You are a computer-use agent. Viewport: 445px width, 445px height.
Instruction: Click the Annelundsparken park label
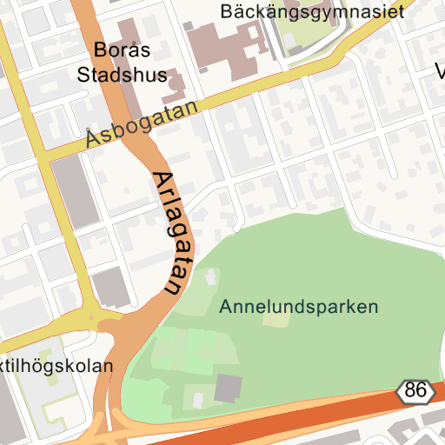[299, 307]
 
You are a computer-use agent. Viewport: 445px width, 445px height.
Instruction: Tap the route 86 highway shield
[416, 391]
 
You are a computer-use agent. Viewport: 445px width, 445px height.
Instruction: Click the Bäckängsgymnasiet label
[313, 11]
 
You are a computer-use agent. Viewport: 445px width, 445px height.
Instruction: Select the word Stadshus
[122, 75]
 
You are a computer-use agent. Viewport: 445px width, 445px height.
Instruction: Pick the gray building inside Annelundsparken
[229, 388]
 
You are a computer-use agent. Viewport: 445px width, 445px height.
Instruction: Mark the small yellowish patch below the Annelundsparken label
[276, 320]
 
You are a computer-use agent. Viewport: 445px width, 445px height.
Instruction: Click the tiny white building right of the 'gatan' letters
[210, 277]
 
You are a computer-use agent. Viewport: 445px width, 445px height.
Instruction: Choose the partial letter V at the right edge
[440, 70]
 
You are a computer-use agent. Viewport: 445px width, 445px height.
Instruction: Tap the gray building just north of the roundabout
[111, 288]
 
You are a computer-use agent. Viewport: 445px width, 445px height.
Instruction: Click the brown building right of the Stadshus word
[175, 87]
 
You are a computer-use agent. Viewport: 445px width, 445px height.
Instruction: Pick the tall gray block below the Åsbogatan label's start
[73, 192]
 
